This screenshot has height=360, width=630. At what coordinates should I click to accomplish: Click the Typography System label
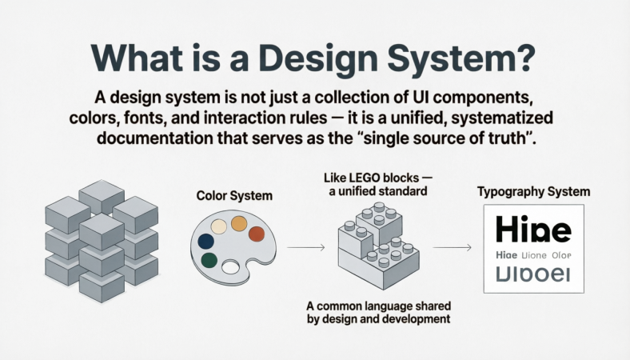tap(533, 192)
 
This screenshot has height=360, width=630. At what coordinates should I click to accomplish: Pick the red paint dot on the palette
tap(256, 234)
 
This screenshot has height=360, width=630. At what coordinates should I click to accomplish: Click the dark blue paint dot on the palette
tap(205, 241)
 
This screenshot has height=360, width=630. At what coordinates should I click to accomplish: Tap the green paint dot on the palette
tap(209, 260)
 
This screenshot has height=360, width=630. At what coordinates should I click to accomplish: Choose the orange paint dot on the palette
tap(238, 223)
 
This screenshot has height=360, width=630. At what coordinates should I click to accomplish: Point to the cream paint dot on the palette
tap(217, 226)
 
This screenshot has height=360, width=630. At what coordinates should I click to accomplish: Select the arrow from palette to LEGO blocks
tap(305, 249)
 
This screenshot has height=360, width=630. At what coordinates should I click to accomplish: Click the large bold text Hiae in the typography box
tap(533, 230)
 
